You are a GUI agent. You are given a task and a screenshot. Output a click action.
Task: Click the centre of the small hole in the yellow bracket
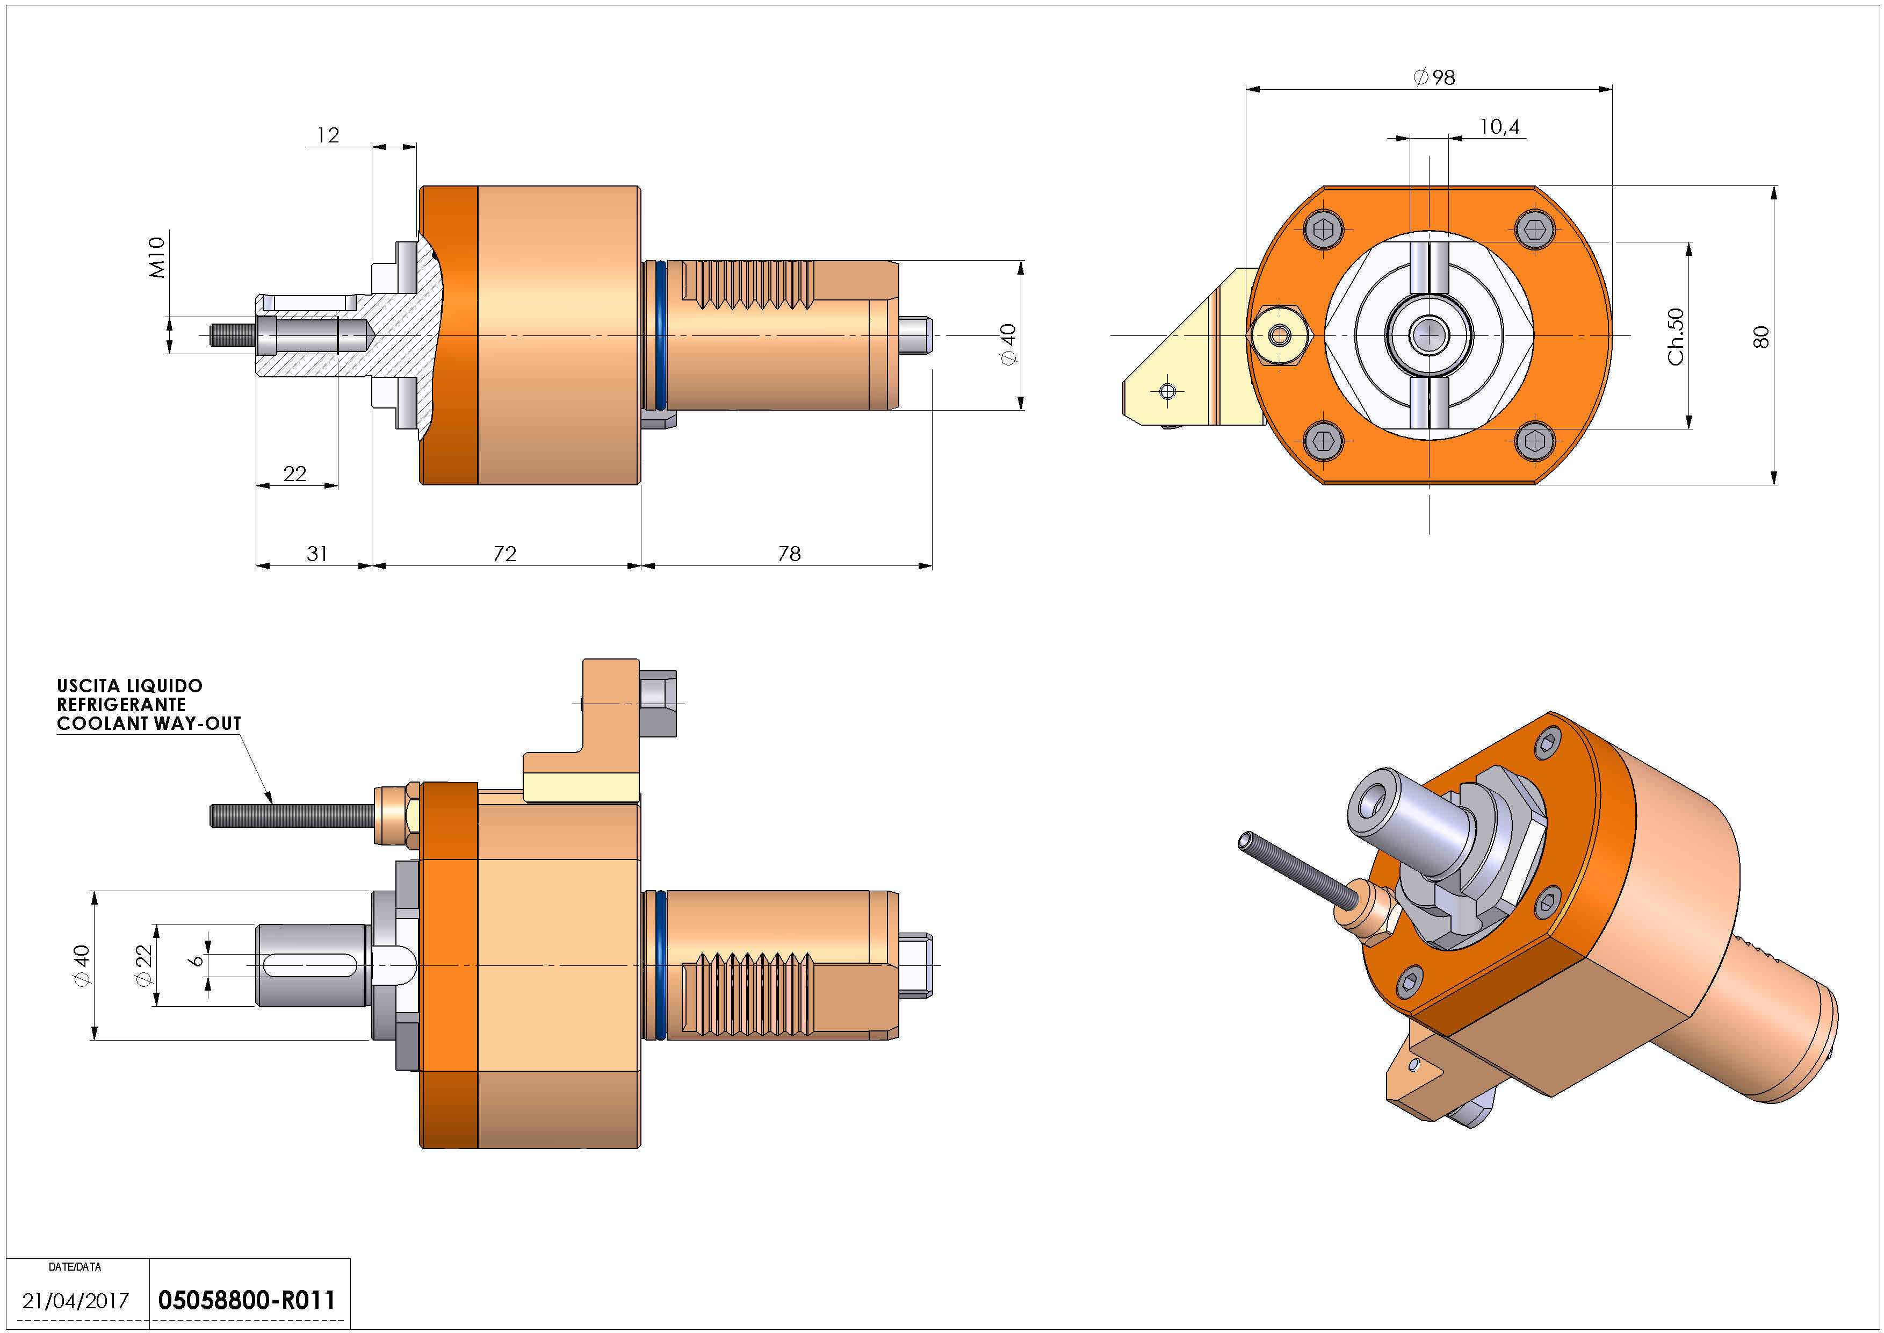point(1167,391)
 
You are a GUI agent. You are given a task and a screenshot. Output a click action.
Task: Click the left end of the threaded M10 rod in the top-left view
point(211,335)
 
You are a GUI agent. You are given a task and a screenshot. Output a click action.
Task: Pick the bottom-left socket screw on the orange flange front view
point(1323,442)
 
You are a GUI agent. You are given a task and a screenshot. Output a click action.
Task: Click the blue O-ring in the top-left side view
point(661,335)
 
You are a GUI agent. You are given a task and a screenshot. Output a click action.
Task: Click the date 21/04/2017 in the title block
point(76,1301)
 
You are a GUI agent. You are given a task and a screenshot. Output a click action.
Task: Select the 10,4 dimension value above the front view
point(1499,126)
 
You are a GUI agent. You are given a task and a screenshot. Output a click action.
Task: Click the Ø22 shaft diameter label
point(143,965)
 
